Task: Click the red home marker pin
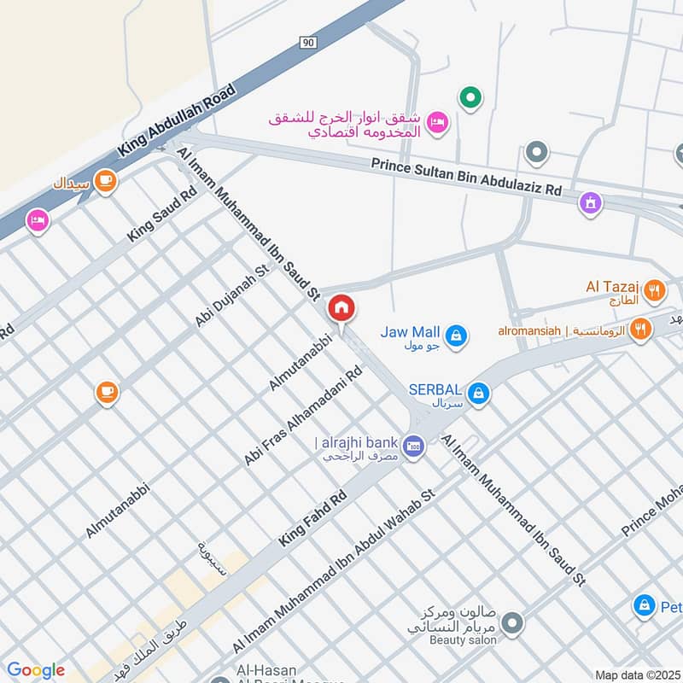[341, 308]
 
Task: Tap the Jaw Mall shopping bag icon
[457, 335]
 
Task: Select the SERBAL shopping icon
[480, 393]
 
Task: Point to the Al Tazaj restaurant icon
[655, 289]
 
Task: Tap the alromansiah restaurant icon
[639, 330]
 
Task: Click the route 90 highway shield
[307, 40]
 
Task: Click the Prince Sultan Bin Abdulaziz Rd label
[466, 177]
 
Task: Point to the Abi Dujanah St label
[231, 295]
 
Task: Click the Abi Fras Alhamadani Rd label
[303, 417]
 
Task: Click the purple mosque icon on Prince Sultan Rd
[590, 203]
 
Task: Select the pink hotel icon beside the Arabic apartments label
[437, 122]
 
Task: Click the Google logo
[35, 670]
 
